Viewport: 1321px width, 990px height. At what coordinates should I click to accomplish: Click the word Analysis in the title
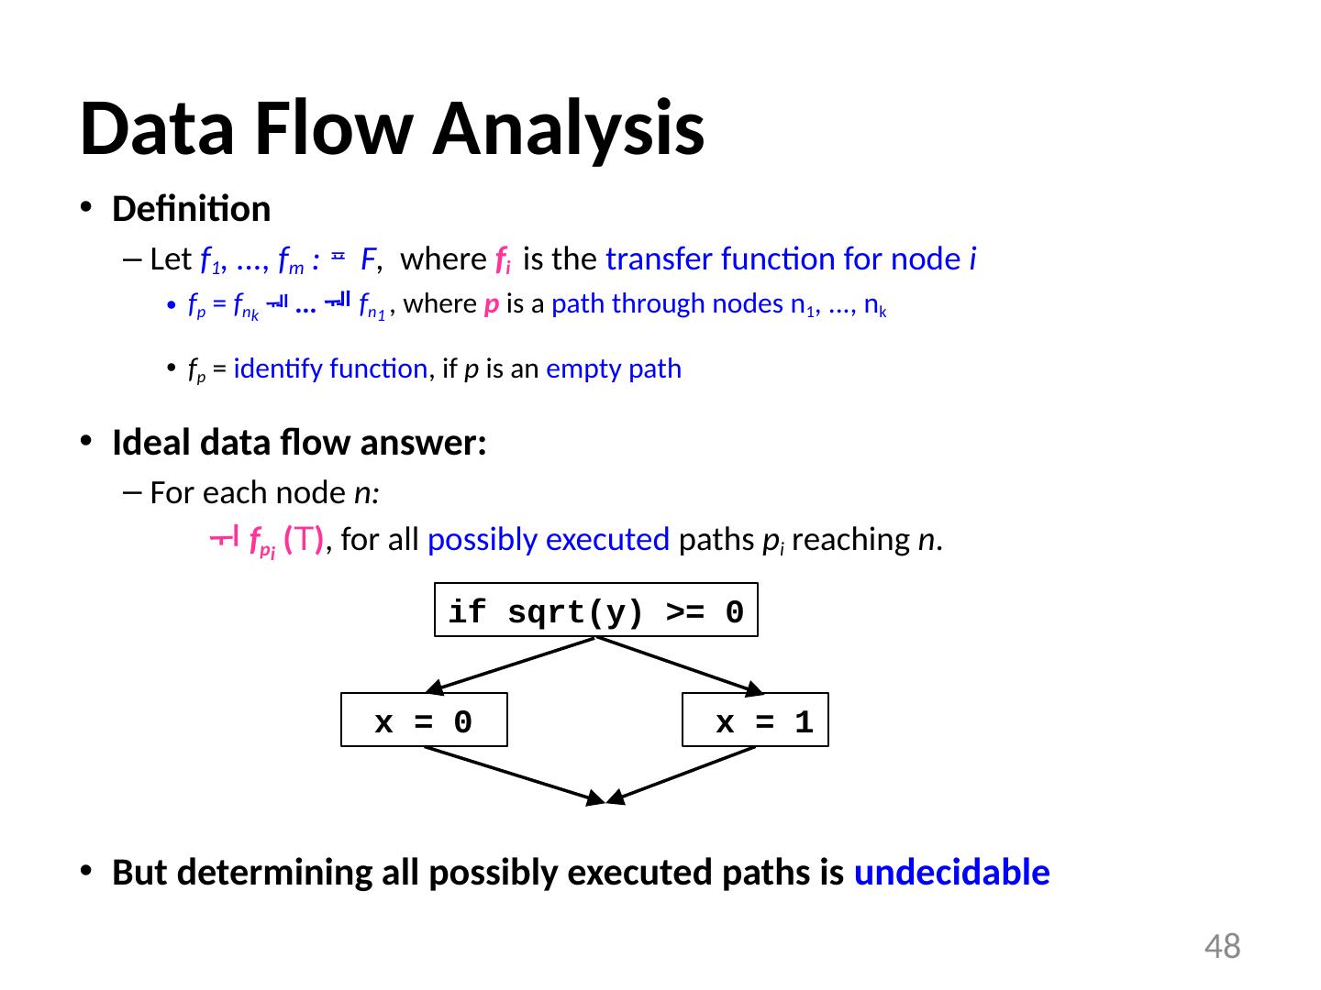pyautogui.click(x=569, y=128)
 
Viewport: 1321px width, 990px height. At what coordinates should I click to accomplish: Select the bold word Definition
pyautogui.click(x=191, y=210)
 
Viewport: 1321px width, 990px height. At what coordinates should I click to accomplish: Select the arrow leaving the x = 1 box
pyautogui.click(x=683, y=775)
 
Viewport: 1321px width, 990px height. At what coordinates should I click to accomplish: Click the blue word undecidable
pyautogui.click(x=951, y=874)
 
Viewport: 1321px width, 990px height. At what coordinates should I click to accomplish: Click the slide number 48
pyautogui.click(x=1222, y=946)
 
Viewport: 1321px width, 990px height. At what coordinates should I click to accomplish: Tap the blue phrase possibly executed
pyautogui.click(x=548, y=540)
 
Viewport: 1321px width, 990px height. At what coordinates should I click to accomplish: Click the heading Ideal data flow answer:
pyautogui.click(x=299, y=444)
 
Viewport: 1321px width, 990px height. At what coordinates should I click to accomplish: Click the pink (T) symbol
pyautogui.click(x=303, y=540)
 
